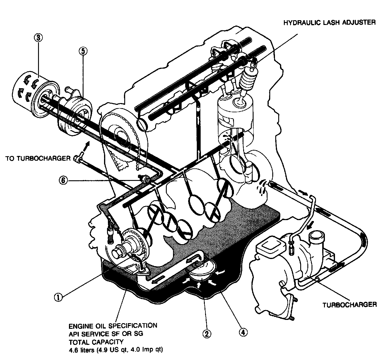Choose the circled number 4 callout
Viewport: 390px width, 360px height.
(x=243, y=332)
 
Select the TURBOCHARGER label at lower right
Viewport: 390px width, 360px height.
(x=350, y=304)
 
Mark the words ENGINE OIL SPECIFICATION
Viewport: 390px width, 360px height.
(x=113, y=325)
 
